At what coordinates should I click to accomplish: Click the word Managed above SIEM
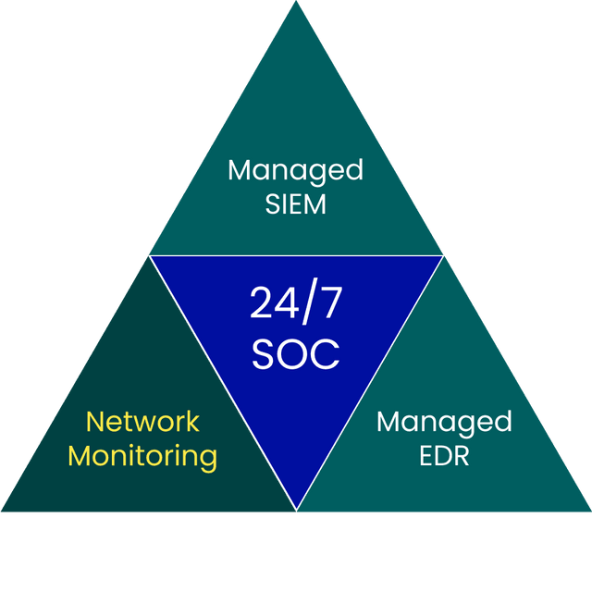point(295,172)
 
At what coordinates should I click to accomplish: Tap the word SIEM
point(295,204)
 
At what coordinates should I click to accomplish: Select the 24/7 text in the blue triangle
point(295,304)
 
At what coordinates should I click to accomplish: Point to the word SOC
point(295,353)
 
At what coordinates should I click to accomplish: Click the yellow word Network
point(142,422)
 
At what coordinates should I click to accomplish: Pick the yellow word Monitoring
point(142,456)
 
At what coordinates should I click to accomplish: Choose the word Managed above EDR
point(444,424)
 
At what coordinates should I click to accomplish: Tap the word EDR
point(444,456)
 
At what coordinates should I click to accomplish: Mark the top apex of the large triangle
point(296,3)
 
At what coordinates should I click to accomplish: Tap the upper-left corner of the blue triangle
point(151,256)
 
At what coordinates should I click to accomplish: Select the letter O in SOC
point(295,353)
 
